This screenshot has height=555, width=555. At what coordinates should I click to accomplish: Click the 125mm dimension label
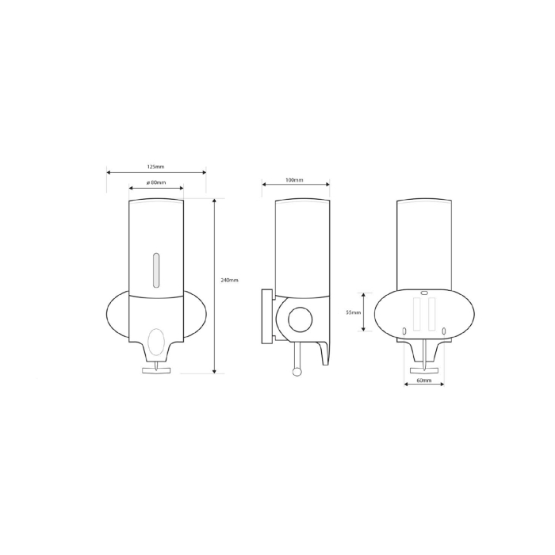(155, 166)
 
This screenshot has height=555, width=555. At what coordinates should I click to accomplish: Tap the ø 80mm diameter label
(156, 182)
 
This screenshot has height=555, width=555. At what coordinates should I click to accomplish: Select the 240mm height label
(229, 281)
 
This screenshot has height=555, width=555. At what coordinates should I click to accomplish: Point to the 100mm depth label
(294, 180)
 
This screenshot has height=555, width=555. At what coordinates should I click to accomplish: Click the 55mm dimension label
(354, 312)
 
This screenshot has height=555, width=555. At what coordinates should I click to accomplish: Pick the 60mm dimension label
(424, 381)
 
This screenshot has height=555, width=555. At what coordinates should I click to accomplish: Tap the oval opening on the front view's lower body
(155, 342)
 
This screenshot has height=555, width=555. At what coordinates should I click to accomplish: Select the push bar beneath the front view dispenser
(156, 370)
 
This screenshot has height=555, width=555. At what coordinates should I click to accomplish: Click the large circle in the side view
(300, 320)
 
